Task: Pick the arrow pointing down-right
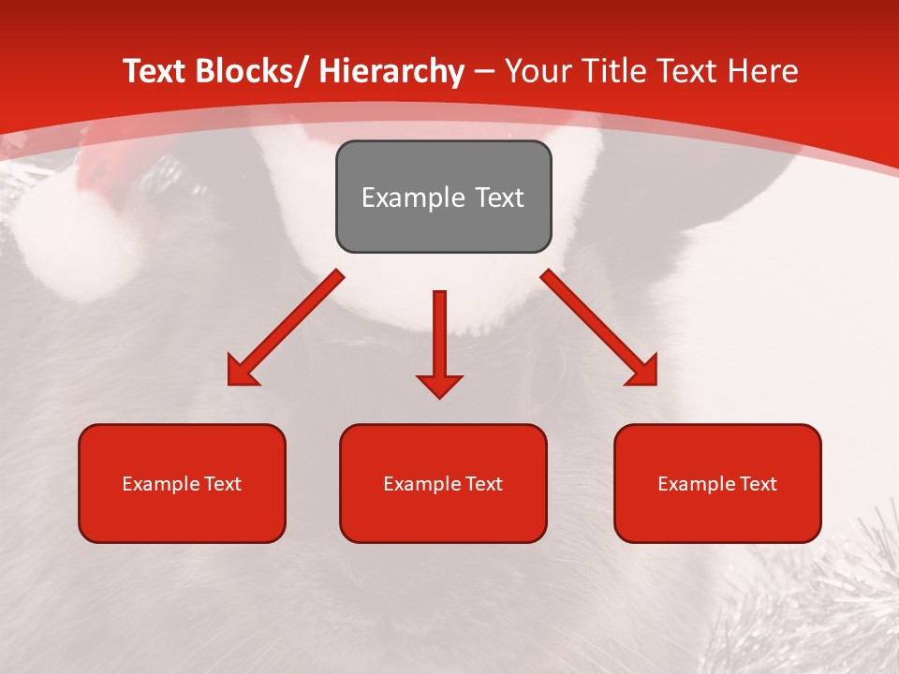tap(599, 328)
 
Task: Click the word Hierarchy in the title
tap(391, 71)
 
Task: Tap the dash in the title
tap(485, 71)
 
